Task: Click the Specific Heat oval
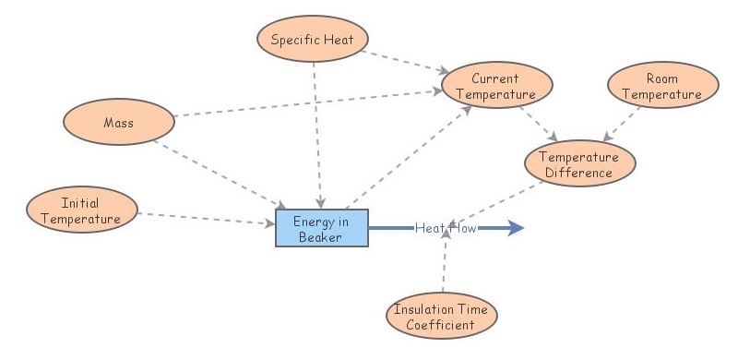tap(311, 39)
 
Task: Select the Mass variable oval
tap(119, 122)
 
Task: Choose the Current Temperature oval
tap(497, 87)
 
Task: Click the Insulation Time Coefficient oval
tap(441, 317)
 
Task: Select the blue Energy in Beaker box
tap(322, 228)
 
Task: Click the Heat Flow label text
tap(445, 228)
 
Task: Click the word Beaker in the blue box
tap(322, 236)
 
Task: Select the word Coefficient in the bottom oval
tap(441, 324)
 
